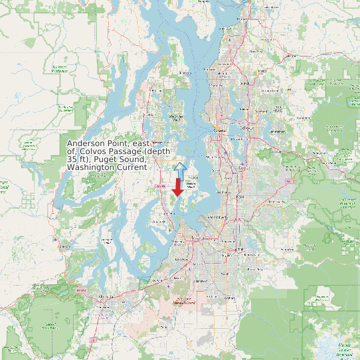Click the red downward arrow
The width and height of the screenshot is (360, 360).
pyautogui.click(x=178, y=188)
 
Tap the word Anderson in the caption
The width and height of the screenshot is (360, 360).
pyautogui.click(x=88, y=143)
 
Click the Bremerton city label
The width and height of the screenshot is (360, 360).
pyautogui.click(x=157, y=142)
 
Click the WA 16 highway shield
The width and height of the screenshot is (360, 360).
pyautogui.click(x=159, y=187)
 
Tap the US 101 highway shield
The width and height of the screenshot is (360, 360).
pyautogui.click(x=81, y=290)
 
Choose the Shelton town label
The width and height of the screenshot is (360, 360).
pyautogui.click(x=65, y=246)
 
